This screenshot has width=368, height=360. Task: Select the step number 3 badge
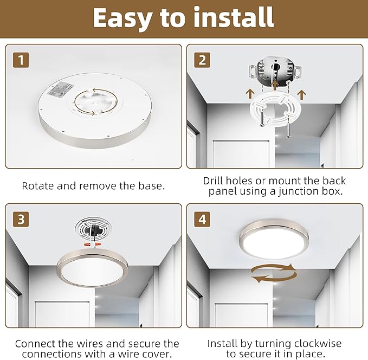(21, 219)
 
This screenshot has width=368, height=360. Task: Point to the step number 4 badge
(202, 219)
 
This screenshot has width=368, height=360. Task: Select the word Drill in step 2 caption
(216, 181)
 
